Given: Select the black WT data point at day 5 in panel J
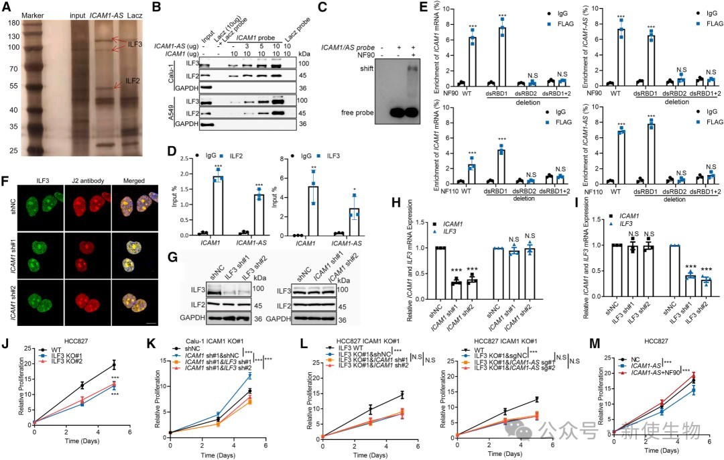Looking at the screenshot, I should click(114, 365).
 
